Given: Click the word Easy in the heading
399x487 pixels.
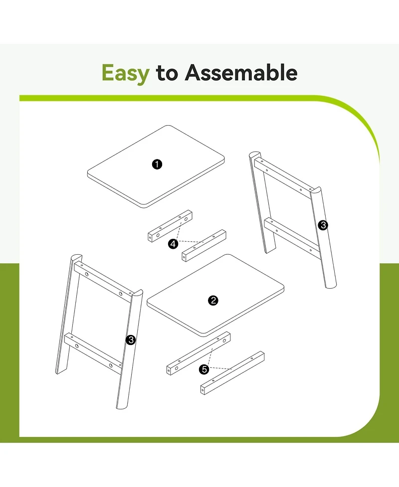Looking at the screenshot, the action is pyautogui.click(x=126, y=74).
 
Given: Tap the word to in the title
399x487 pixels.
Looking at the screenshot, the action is pyautogui.click(x=167, y=73).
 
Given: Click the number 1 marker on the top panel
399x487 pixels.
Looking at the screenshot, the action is pyautogui.click(x=157, y=164).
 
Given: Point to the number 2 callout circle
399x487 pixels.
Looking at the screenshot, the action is pyautogui.click(x=213, y=301).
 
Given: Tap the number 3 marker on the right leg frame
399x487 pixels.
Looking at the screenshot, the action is pyautogui.click(x=323, y=225).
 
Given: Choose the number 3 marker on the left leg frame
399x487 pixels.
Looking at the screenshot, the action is pyautogui.click(x=131, y=340).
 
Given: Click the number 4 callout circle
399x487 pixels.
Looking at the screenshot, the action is pyautogui.click(x=173, y=244).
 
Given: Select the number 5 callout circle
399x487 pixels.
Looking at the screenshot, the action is pyautogui.click(x=204, y=369).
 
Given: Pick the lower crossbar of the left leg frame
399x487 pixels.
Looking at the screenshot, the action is pyautogui.click(x=94, y=353).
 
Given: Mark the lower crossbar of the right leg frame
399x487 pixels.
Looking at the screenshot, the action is pyautogui.click(x=292, y=238).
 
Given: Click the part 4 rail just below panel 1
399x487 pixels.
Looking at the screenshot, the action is pyautogui.click(x=170, y=226).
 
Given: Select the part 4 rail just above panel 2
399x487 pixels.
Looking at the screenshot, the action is pyautogui.click(x=204, y=246).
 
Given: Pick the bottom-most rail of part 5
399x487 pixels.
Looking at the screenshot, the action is pyautogui.click(x=232, y=373).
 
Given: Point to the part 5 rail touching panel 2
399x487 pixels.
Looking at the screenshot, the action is pyautogui.click(x=199, y=353).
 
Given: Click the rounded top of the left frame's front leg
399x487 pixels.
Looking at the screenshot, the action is pyautogui.click(x=137, y=294).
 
